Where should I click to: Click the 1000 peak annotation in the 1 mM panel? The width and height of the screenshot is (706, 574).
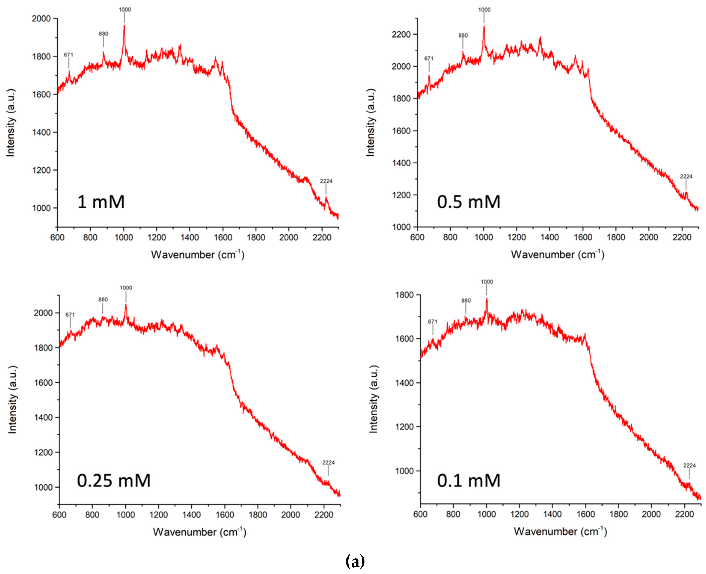click(125, 10)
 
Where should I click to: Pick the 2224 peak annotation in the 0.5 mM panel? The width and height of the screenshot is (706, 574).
click(686, 177)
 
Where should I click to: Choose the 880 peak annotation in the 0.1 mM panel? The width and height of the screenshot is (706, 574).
click(466, 300)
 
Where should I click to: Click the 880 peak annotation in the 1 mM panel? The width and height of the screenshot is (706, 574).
click(103, 34)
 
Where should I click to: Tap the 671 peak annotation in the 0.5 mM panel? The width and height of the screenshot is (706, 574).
click(429, 59)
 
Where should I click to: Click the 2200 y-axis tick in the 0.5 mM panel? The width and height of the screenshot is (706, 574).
click(401, 34)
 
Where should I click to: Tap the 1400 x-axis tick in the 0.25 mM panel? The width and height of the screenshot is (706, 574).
click(192, 515)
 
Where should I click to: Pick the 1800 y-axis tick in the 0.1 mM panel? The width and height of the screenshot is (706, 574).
click(404, 295)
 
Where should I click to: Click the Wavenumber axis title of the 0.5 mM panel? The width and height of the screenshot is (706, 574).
click(557, 254)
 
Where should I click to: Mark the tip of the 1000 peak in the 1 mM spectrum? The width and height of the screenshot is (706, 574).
click(124, 25)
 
